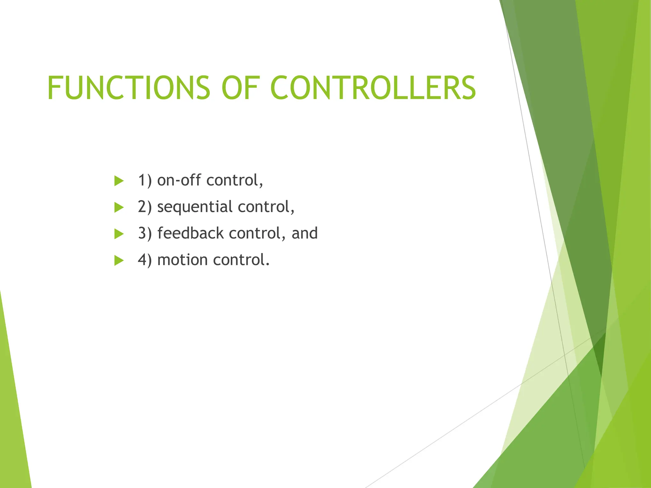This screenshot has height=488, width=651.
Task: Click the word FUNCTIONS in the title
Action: pyautogui.click(x=129, y=88)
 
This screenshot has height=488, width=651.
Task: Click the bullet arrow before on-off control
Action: pyautogui.click(x=119, y=181)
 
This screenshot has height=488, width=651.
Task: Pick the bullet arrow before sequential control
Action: pyautogui.click(x=119, y=207)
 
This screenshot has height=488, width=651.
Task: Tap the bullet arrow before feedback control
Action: pyautogui.click(x=119, y=234)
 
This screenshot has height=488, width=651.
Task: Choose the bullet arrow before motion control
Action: pyautogui.click(x=119, y=261)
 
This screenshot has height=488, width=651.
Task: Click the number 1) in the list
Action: pyautogui.click(x=145, y=180)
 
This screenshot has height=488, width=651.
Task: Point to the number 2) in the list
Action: pyautogui.click(x=145, y=207)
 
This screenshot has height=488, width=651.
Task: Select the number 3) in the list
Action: pyautogui.click(x=145, y=234)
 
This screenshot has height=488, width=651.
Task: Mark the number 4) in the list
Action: pyautogui.click(x=145, y=260)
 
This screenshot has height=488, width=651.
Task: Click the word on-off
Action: pyautogui.click(x=179, y=180)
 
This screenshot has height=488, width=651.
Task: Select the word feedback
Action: pyautogui.click(x=190, y=234)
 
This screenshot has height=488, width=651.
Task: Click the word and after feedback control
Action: pyautogui.click(x=305, y=234)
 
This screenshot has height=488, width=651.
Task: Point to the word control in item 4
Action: pyautogui.click(x=241, y=260)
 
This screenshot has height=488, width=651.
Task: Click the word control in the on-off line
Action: pyautogui.click(x=234, y=180)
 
